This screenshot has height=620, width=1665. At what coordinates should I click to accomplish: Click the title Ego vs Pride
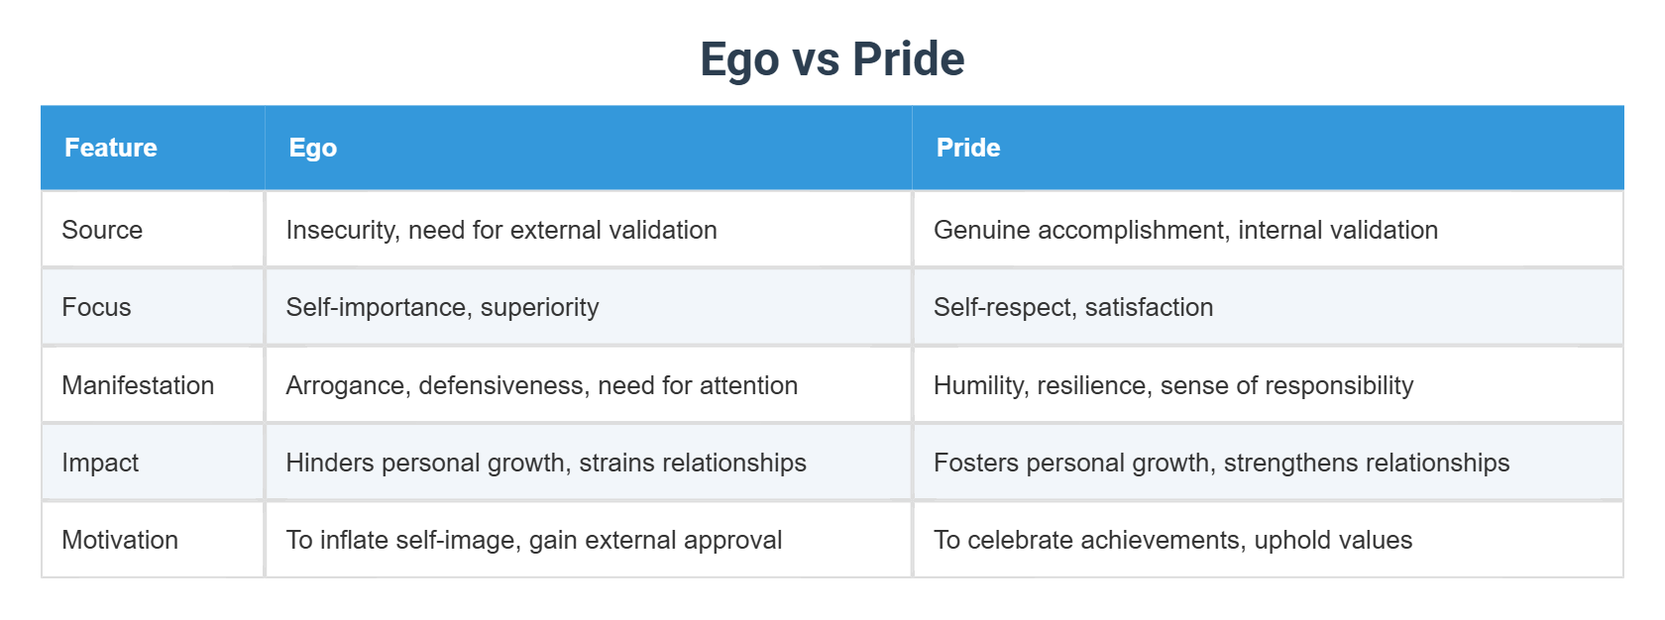click(x=832, y=59)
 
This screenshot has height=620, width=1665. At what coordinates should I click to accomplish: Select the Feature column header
click(x=111, y=148)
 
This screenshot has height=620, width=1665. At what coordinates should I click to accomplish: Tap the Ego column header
click(x=313, y=148)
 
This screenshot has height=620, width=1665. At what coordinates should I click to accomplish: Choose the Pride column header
click(x=967, y=148)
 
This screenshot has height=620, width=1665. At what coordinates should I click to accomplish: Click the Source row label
click(x=102, y=230)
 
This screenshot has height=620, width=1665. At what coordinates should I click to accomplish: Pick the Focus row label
click(x=96, y=307)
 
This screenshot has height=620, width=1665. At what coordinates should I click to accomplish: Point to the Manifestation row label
click(x=138, y=385)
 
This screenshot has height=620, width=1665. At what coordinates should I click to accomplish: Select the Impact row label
click(x=100, y=463)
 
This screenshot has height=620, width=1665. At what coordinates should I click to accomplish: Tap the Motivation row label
click(x=120, y=540)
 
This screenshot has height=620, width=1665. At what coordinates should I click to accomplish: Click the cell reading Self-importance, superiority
click(x=442, y=307)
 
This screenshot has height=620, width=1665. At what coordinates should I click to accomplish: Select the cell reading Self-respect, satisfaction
click(x=1073, y=307)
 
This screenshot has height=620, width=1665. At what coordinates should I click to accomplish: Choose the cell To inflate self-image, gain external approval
click(x=533, y=540)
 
